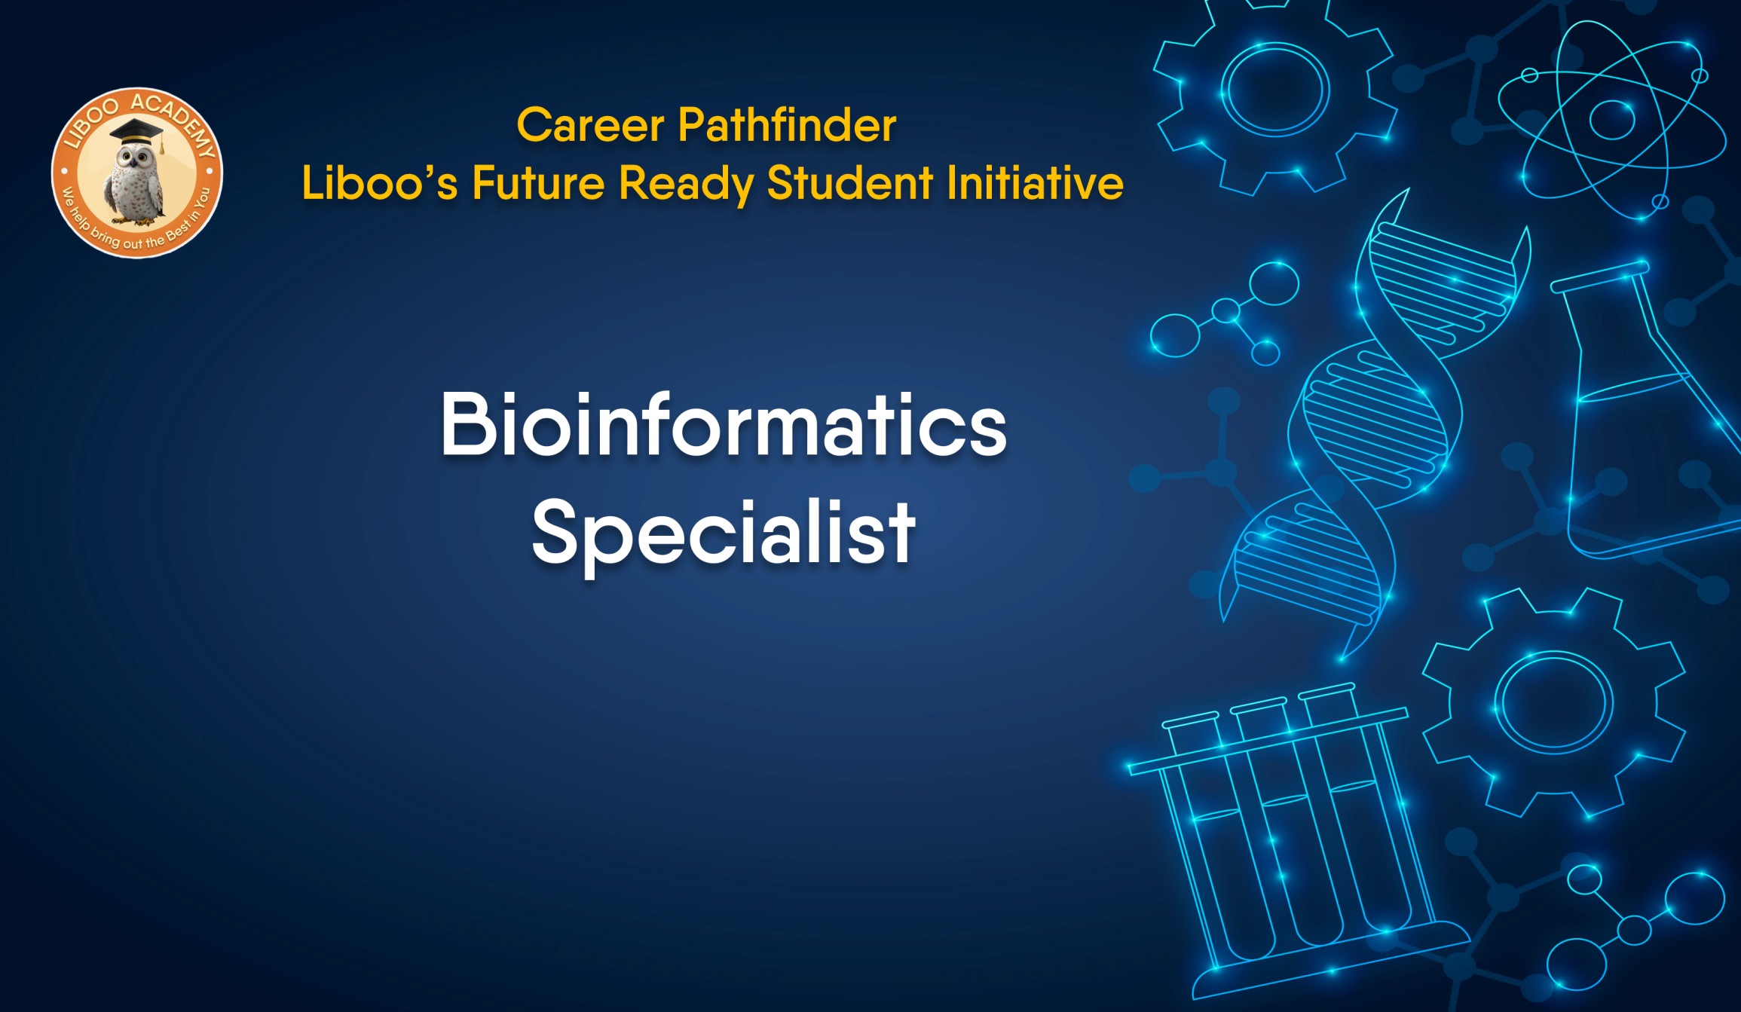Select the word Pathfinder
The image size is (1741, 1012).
[x=787, y=125]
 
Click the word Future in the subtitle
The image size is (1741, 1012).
[x=538, y=183]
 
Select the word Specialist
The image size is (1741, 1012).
[x=724, y=534]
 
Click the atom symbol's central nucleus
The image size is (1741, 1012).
[x=1611, y=119]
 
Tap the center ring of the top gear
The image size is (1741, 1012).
[x=1274, y=90]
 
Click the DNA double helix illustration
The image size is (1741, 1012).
[x=1372, y=422]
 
